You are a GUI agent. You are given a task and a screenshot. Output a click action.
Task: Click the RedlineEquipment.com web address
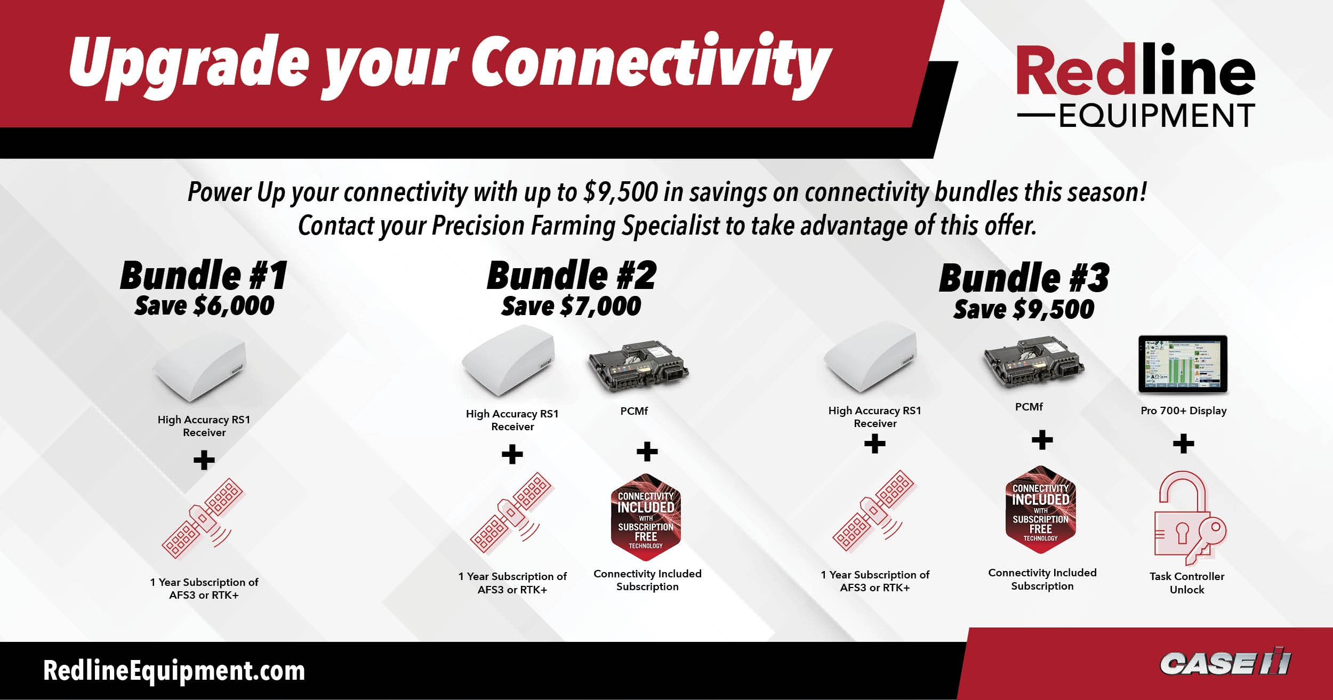pyautogui.click(x=174, y=671)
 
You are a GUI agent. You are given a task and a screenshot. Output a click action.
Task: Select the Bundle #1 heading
pyautogui.click(x=204, y=276)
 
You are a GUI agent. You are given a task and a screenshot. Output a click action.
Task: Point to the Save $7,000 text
pyautogui.click(x=571, y=307)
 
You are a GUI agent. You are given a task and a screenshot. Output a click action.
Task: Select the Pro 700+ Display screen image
pyautogui.click(x=1183, y=365)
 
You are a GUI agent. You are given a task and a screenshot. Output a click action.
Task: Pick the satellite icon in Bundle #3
pyautogui.click(x=874, y=511)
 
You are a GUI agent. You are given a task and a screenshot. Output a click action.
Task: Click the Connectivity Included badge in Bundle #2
pyautogui.click(x=646, y=517)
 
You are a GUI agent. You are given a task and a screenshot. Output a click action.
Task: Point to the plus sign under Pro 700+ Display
pyautogui.click(x=1184, y=444)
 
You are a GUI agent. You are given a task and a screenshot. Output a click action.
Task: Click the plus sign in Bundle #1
pyautogui.click(x=204, y=460)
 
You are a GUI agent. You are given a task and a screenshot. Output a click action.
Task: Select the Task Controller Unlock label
pyautogui.click(x=1187, y=583)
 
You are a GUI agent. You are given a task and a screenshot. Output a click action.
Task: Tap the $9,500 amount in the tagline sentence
pyautogui.click(x=621, y=192)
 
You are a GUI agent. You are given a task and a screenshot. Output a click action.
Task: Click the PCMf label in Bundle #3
pyautogui.click(x=1029, y=407)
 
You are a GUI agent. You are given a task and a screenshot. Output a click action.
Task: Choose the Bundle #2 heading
pyautogui.click(x=571, y=276)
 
